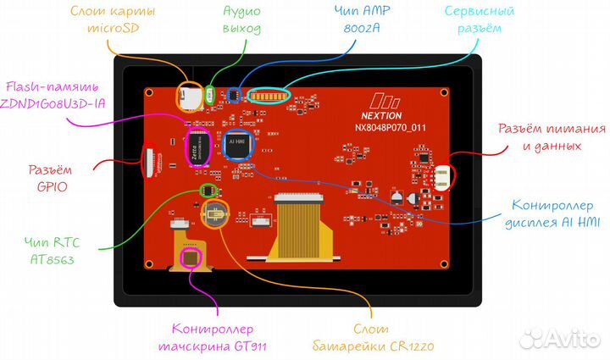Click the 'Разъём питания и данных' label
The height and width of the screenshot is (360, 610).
(550, 136)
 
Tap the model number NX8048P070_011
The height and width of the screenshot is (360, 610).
(391, 130)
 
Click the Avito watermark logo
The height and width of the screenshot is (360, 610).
(558, 338)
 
